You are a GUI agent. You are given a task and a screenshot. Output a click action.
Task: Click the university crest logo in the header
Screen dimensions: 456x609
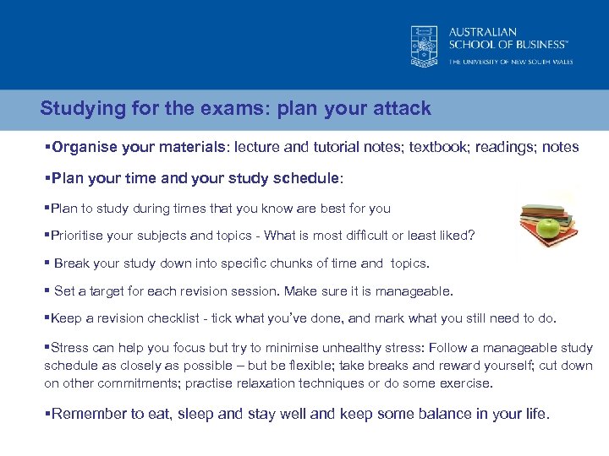coord(425,45)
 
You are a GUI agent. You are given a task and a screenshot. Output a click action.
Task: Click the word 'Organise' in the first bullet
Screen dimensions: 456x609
coord(82,147)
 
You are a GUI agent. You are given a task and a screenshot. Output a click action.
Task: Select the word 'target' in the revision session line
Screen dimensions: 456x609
coord(105,291)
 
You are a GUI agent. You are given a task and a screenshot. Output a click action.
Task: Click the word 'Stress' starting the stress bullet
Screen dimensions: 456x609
coord(70,348)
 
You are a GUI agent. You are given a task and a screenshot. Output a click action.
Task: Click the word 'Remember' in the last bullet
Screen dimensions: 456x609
coord(88,415)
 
